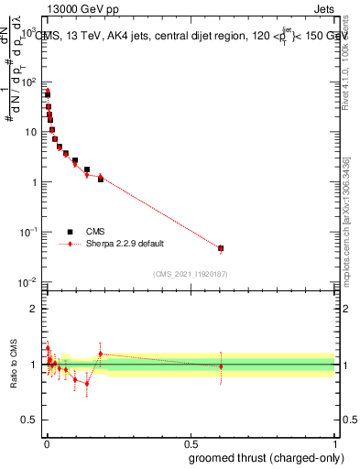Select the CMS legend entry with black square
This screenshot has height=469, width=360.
tap(95, 232)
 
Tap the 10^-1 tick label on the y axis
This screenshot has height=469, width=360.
tap(27, 232)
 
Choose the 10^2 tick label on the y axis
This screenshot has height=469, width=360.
tap(27, 82)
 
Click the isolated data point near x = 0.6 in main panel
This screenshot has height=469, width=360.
tap(221, 248)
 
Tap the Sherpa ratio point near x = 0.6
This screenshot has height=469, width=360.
tap(221, 366)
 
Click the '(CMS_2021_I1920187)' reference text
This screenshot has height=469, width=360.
tap(190, 274)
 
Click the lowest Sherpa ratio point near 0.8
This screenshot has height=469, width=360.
tap(87, 383)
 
